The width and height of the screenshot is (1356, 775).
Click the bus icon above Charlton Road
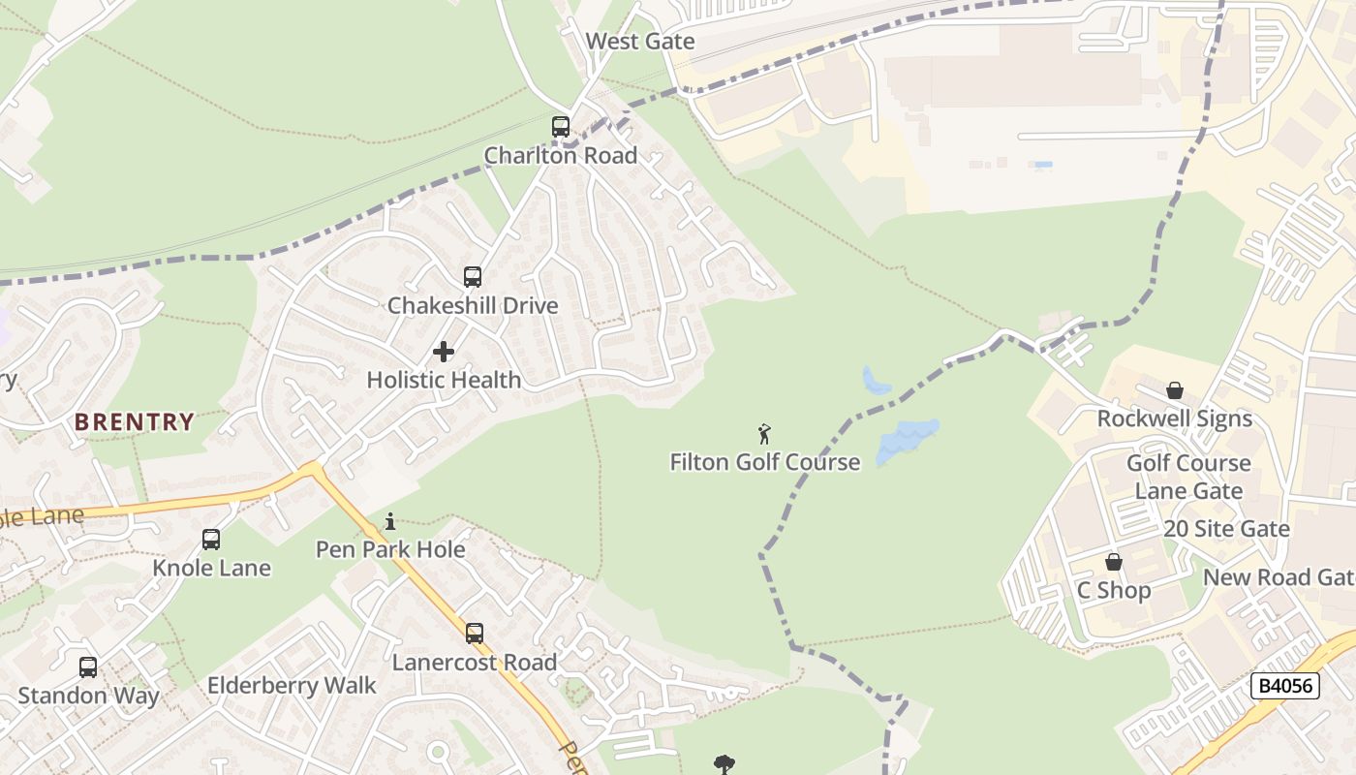(560, 127)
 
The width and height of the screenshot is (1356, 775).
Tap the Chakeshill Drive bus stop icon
(473, 277)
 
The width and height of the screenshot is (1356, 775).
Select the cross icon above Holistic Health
(444, 352)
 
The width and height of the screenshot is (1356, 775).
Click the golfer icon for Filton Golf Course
(764, 434)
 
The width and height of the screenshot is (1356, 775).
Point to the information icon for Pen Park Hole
(390, 522)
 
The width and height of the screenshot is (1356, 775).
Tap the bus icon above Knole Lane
(211, 540)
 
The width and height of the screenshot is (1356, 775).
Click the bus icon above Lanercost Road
(475, 634)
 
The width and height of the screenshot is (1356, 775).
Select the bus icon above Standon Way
(88, 667)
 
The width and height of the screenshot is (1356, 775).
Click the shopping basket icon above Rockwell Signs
(1174, 390)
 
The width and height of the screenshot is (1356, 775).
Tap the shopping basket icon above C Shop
(1114, 562)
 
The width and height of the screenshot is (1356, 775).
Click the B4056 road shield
(1285, 686)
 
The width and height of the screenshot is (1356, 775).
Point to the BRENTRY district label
(135, 422)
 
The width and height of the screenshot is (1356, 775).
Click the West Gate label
(640, 42)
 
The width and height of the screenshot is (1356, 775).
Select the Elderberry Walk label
(292, 686)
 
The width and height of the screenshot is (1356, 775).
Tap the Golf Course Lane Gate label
(1188, 477)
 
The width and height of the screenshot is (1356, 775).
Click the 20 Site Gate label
(1226, 529)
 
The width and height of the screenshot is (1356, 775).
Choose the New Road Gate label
(1278, 577)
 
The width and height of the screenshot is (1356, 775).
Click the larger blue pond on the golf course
(907, 441)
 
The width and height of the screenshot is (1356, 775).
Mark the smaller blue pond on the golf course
(876, 382)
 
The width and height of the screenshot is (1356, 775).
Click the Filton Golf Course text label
(764, 462)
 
